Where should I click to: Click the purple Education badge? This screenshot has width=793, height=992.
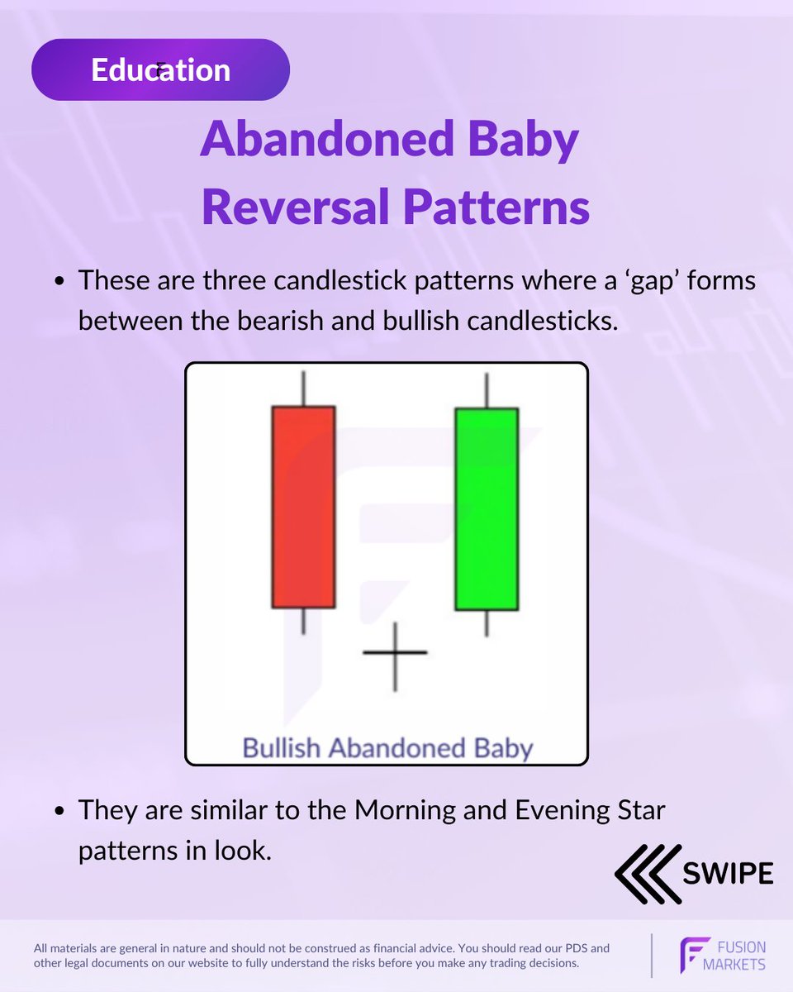[160, 70]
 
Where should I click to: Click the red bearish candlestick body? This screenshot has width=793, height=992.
[303, 507]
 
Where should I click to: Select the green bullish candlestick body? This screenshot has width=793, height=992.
[487, 509]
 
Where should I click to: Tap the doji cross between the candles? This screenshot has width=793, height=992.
[395, 654]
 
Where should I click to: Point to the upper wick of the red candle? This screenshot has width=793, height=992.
[303, 389]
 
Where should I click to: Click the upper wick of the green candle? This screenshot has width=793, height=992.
[487, 390]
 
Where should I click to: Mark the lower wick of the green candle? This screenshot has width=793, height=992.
[487, 623]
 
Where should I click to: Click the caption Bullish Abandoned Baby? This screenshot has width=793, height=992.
[387, 749]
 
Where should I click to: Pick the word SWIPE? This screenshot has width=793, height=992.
[728, 873]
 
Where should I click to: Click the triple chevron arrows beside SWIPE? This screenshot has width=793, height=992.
[647, 874]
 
